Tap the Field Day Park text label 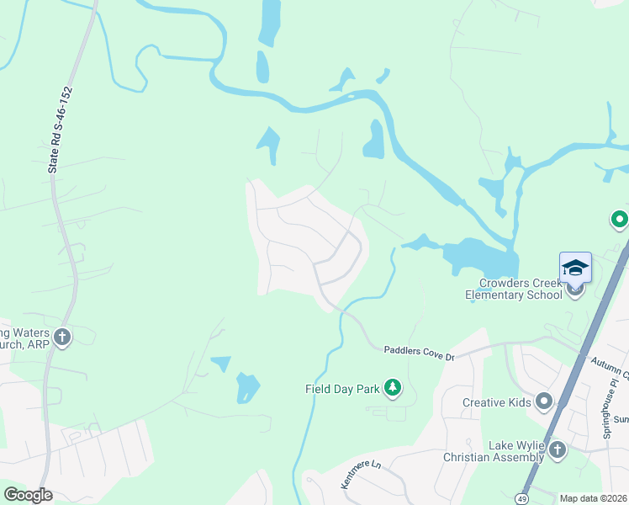click(x=343, y=389)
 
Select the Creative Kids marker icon click(x=543, y=401)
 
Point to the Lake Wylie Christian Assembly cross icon click(x=557, y=451)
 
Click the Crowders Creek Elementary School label click(x=514, y=289)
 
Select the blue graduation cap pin click(x=575, y=268)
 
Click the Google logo click(x=28, y=495)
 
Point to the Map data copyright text click(x=593, y=498)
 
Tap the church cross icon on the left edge click(x=61, y=338)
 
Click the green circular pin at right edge click(x=620, y=221)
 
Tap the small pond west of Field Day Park click(x=247, y=388)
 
